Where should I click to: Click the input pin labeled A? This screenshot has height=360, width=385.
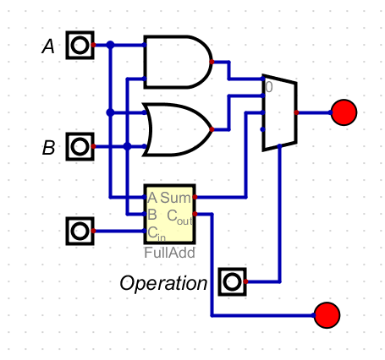[80, 45]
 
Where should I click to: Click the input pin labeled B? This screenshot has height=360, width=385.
[80, 146]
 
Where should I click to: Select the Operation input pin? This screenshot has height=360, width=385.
[233, 281]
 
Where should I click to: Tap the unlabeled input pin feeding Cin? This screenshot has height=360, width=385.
[80, 231]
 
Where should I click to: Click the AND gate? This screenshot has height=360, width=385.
[178, 62]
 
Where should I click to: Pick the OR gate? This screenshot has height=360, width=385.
[178, 129]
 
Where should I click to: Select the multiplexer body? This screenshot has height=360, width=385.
[279, 112]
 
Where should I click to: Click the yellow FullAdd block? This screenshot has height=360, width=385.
[169, 214]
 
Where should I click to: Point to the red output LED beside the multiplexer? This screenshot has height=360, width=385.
[344, 112]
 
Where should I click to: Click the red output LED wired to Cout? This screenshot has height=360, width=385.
[327, 315]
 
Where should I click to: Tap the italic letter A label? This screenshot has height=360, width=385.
[48, 46]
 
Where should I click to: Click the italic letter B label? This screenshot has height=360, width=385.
[48, 148]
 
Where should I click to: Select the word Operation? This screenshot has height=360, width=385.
[163, 283]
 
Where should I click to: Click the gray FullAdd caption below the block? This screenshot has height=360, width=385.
[169, 253]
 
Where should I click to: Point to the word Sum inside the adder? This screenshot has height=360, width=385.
[175, 198]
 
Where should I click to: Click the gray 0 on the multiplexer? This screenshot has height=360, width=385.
[269, 87]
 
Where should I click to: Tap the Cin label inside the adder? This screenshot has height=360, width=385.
[157, 233]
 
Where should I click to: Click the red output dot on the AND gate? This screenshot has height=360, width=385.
[212, 62]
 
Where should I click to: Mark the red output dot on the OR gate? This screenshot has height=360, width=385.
[212, 129]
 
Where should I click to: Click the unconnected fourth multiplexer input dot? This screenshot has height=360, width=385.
[262, 129]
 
